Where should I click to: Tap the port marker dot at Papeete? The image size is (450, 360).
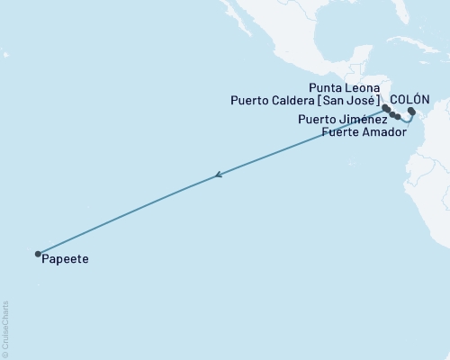[x=38, y=254]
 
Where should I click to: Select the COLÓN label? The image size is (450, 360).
[x=409, y=99]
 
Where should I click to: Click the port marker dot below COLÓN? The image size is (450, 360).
[x=411, y=112]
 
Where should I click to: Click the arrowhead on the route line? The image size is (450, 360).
[x=218, y=176]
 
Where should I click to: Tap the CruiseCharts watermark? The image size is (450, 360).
[x=5, y=328]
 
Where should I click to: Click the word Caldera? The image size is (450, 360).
[x=297, y=100]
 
